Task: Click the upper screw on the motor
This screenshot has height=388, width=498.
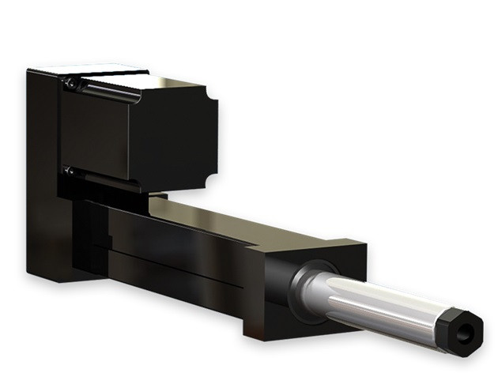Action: tap(70, 82)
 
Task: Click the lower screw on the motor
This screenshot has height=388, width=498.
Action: tap(70, 170)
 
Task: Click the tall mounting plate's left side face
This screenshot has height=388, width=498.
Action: tap(43, 174)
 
